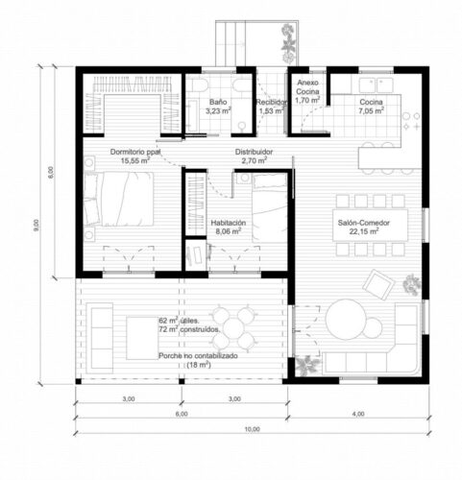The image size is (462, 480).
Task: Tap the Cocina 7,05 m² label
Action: [x=372, y=106]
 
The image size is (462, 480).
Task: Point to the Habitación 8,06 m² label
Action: [x=229, y=227]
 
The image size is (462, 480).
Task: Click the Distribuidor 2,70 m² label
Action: [x=255, y=156]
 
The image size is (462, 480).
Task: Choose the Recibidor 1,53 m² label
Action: [x=271, y=106]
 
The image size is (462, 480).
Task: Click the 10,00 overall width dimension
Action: [x=251, y=429]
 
